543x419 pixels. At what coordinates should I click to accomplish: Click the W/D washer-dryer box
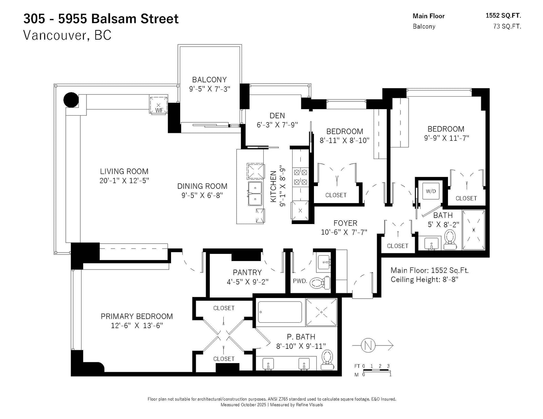tap(431, 191)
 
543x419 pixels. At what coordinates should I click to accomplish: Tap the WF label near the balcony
tap(159, 110)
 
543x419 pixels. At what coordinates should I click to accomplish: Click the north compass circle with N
tap(368, 345)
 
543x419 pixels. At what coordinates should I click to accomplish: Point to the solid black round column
tap(71, 100)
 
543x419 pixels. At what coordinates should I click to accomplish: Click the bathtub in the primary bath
tap(280, 312)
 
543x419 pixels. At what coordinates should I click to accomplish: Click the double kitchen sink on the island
tap(255, 194)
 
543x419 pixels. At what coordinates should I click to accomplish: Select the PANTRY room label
tap(247, 272)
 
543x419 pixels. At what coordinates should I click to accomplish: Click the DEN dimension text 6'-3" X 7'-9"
tap(277, 124)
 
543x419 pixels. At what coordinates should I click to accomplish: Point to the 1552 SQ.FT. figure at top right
tap(503, 16)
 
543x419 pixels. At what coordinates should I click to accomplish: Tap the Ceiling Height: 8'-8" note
tap(424, 279)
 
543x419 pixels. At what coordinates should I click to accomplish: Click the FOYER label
tap(345, 223)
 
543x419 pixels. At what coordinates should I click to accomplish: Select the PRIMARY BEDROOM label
tap(137, 316)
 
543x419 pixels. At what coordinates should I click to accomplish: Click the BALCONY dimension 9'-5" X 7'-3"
tap(209, 89)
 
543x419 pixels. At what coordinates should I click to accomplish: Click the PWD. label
tap(300, 281)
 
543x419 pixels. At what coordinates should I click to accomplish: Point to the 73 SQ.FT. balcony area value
tap(507, 26)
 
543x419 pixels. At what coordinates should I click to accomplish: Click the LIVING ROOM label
tap(124, 171)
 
